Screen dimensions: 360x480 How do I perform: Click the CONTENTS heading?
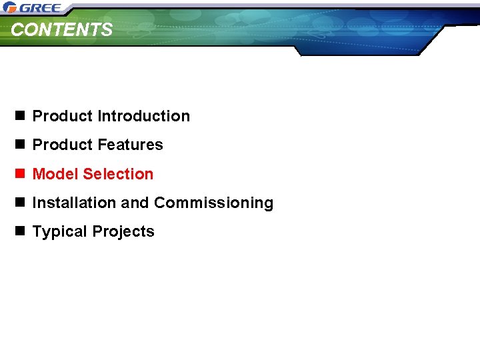[x=62, y=30]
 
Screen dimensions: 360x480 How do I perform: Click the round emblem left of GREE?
[x=9, y=8]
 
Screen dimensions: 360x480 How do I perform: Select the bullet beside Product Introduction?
[x=20, y=116]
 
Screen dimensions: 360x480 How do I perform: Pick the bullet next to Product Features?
[x=20, y=145]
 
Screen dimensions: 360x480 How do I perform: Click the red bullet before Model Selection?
[x=20, y=174]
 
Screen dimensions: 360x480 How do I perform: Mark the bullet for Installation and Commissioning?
[x=20, y=203]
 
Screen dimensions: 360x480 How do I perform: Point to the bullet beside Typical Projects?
[x=20, y=231]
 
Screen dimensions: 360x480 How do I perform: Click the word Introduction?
[x=143, y=116]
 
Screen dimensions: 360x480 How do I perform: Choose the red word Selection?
[x=119, y=174]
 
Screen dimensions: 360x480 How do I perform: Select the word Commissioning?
[x=213, y=203]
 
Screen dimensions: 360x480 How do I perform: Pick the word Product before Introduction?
[x=63, y=116]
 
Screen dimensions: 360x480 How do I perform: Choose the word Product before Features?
[x=63, y=145]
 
